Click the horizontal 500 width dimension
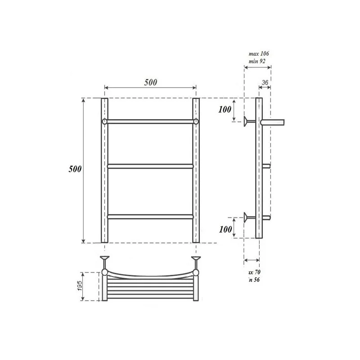pos(150,82)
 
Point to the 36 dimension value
pos(265,82)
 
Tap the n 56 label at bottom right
pos(255,279)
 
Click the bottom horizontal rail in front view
pos(150,216)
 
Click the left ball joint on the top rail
pos(105,121)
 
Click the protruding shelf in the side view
pos(274,121)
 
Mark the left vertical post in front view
pos(104,180)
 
